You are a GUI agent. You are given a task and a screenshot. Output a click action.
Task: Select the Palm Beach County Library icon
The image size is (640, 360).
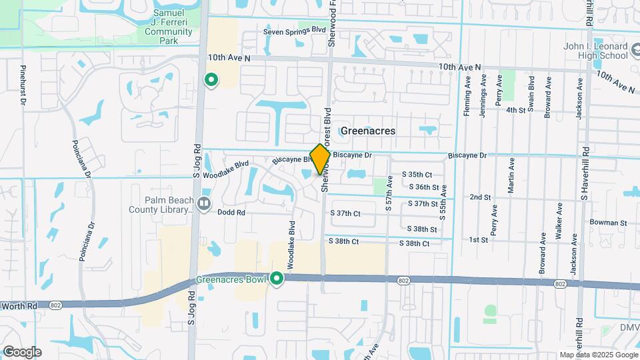[204, 201]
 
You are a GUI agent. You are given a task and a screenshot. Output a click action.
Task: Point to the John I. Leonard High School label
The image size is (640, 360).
[595, 51]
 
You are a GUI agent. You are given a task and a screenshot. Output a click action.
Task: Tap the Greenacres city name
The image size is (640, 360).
[367, 131]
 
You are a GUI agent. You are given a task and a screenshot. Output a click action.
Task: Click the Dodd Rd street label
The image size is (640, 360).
[232, 213]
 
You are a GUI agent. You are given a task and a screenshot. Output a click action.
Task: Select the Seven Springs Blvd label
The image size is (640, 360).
[294, 31]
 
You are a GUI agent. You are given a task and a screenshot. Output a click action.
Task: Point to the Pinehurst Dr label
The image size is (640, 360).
[23, 85]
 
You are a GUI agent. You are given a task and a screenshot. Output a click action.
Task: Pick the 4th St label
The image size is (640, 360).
[516, 110]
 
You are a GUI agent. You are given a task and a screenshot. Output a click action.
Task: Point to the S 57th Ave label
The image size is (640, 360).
[388, 194]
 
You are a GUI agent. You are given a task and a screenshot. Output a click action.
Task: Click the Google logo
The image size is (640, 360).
[21, 352]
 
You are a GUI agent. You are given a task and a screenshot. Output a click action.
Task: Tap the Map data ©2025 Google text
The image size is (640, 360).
[599, 355]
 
